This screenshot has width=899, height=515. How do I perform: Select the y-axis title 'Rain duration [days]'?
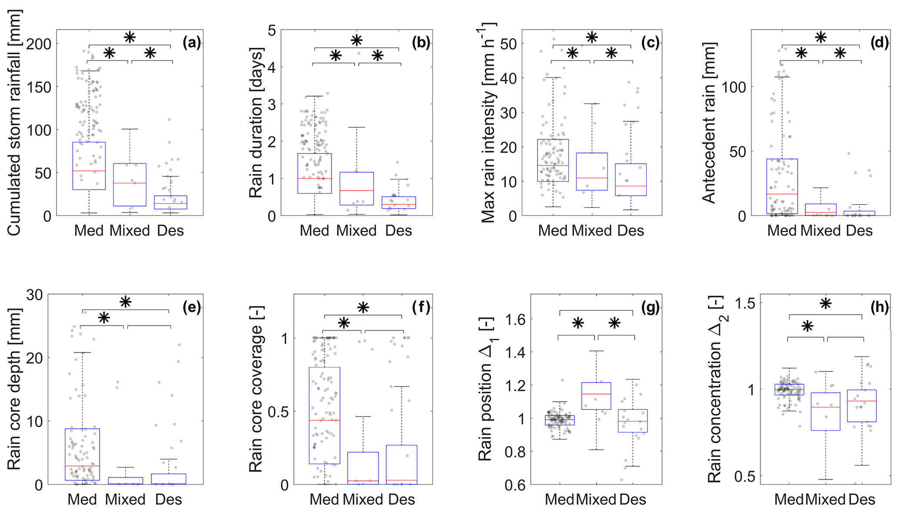click(256, 123)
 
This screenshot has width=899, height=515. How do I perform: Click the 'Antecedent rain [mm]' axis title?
click(709, 123)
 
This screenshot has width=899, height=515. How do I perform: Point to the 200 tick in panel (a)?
click(39, 44)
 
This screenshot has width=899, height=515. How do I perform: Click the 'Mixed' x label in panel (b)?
click(356, 230)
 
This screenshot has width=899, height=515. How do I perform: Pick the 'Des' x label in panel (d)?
click(859, 230)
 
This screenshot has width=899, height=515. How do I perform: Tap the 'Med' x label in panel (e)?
click(82, 499)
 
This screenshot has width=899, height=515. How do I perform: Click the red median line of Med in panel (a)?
click(89, 171)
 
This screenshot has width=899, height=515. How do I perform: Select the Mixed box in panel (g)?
click(596, 396)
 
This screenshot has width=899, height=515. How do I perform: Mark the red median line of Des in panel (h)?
click(862, 401)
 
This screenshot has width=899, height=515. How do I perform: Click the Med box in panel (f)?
click(324, 415)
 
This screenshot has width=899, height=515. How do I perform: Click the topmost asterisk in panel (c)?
click(592, 37)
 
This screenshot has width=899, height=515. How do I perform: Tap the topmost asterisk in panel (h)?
click(825, 303)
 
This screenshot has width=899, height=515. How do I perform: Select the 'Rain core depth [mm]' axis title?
click(14, 389)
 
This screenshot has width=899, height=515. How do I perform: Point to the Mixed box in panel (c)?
click(592, 172)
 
